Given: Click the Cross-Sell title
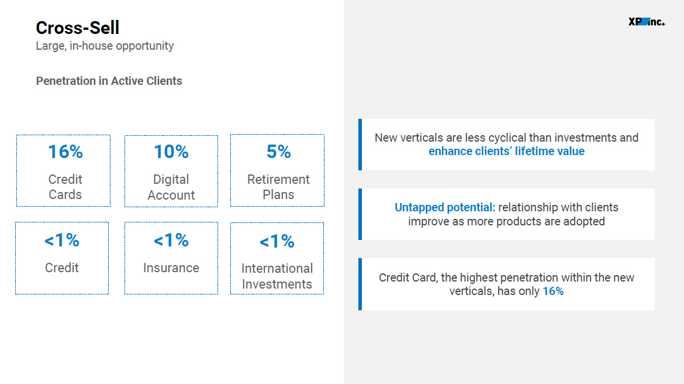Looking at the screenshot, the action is coord(77,28).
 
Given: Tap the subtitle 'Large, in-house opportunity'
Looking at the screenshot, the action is coord(105,46).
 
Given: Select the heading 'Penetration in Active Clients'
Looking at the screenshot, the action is coord(109,81).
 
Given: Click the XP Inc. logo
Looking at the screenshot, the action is coord(647,22).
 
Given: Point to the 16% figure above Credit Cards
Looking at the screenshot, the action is coord(65,152).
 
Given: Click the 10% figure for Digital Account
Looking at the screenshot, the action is coord(171,152).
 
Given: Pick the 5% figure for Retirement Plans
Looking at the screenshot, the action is coord(278,152).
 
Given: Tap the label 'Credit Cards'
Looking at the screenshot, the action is coord(65,187).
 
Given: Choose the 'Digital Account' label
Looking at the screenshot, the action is coord(171,187).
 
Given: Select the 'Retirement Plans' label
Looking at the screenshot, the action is coord(278,187).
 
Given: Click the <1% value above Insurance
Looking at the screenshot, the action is coord(171,240).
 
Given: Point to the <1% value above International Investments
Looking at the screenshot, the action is coord(277,241).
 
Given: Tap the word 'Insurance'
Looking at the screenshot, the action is coord(171,268).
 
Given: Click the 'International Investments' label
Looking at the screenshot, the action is coord(277,276).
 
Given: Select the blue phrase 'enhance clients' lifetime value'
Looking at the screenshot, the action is coord(506,152).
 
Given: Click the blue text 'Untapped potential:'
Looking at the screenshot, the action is coord(445,207).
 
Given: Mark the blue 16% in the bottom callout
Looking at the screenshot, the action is coord(553,292).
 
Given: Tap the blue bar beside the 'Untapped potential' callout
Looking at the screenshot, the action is coord(360,214).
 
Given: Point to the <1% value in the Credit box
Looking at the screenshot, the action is coord(62,240).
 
